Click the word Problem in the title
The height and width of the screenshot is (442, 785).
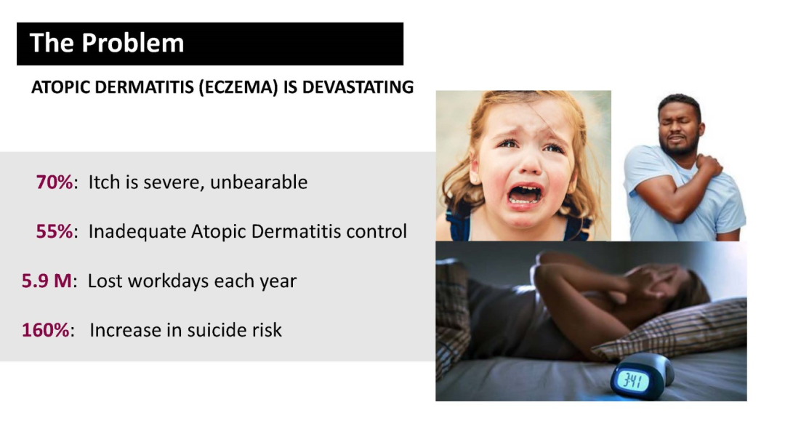coord(133,43)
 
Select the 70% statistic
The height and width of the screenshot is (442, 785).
coord(54,182)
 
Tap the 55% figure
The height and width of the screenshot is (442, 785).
coord(54,231)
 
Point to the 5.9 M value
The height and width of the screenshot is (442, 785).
coord(47,281)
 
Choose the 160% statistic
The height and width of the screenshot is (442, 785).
coord(45,330)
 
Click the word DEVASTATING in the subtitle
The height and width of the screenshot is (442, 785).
coord(358,87)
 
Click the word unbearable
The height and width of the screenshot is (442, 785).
coord(258,182)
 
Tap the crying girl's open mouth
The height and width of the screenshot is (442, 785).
coord(524,194)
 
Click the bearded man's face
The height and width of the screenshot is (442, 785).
coord(678,129)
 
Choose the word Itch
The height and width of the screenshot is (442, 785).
coord(104,182)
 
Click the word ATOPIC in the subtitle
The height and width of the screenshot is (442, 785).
coord(60,87)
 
